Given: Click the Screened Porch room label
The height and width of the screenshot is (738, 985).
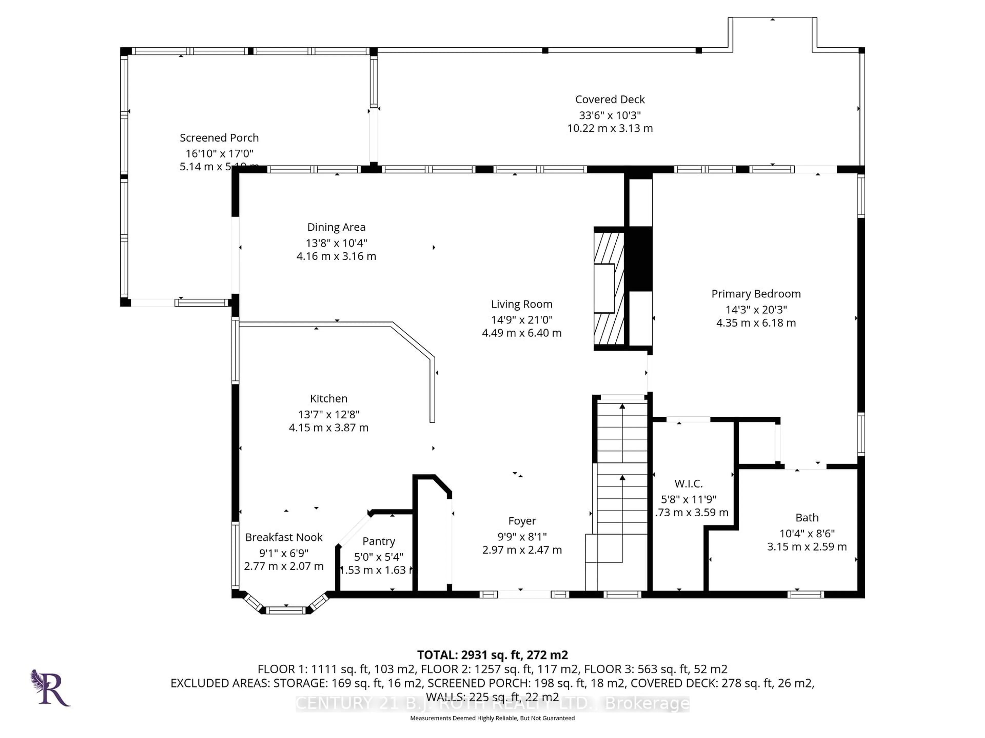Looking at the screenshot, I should tap(219, 138).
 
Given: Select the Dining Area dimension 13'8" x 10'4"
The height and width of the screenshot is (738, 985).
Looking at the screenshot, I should tap(336, 243).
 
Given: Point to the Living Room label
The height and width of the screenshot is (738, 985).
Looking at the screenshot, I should tap(521, 304).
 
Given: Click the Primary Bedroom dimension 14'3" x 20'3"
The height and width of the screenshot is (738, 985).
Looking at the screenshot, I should tap(756, 310).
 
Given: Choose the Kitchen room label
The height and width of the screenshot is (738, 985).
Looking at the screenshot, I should tap(329, 398).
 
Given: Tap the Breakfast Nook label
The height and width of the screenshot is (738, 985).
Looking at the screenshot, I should tap(284, 537).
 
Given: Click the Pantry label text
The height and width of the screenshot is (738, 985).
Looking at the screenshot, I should tap(379, 541).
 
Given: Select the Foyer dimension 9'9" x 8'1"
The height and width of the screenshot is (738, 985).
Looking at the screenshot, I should tap(522, 537).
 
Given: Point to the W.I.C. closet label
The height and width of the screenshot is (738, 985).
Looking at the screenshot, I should tap(688, 484).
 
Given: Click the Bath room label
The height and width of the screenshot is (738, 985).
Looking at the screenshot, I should tap(807, 518).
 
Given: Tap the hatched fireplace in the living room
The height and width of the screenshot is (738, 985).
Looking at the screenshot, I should tap(609, 289).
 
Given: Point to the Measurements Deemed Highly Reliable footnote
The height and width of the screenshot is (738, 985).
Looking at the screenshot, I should tap(492, 718).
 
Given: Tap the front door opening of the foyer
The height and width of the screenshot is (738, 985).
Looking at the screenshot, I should tap(524, 594).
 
